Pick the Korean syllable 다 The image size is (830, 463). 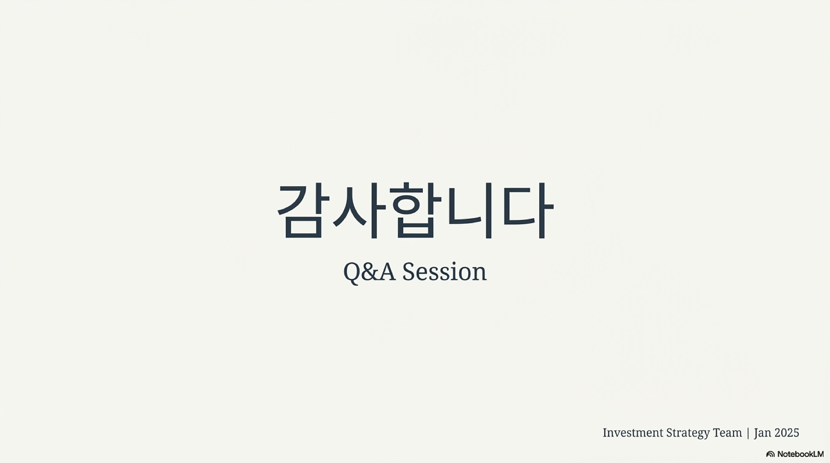pyautogui.click(x=527, y=210)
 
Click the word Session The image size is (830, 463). pyautogui.click(x=444, y=272)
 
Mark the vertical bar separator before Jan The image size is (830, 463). pyautogui.click(x=748, y=433)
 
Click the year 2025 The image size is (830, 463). pyautogui.click(x=787, y=433)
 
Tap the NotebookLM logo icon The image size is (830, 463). pyautogui.click(x=770, y=454)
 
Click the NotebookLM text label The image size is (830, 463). pyautogui.click(x=801, y=454)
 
